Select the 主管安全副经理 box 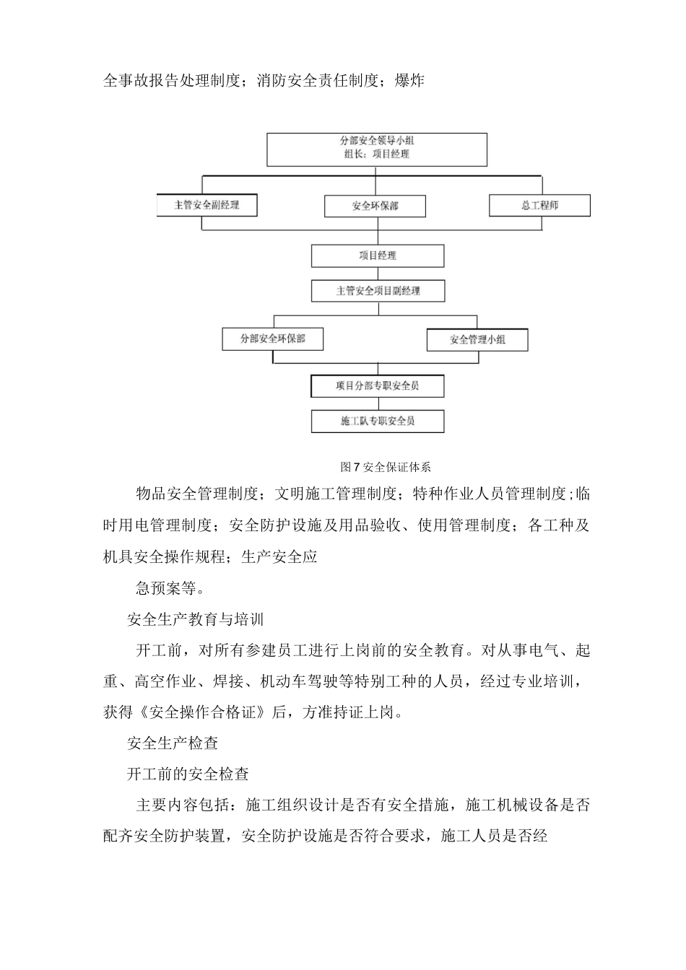tap(207, 205)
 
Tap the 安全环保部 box tap(375, 206)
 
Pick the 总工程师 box tap(539, 205)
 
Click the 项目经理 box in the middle tap(377, 255)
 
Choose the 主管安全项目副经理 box tap(377, 291)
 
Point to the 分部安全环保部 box tap(272, 338)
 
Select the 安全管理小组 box tap(477, 339)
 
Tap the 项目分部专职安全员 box tap(377, 385)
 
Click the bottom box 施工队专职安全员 tap(377, 421)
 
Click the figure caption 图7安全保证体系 tap(385, 466)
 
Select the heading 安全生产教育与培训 tap(195, 619)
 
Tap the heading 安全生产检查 tap(173, 743)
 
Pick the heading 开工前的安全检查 tap(188, 774)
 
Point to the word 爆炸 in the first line tap(409, 81)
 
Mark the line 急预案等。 tap(165, 588)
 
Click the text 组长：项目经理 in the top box tap(377, 154)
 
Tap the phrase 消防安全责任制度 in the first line tap(318, 81)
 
